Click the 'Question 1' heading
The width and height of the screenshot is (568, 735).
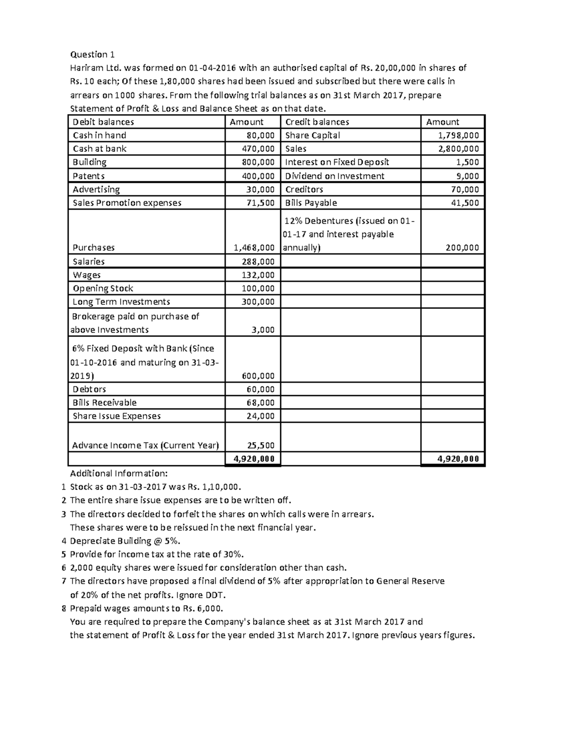point(92,54)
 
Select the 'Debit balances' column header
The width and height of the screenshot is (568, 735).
point(103,122)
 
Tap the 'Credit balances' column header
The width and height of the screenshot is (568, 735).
point(317,122)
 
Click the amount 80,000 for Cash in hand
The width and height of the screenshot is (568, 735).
point(260,135)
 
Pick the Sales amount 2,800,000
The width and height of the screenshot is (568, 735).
point(458,149)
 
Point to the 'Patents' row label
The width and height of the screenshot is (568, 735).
point(89,176)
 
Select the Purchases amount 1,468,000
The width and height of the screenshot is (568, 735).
point(254,248)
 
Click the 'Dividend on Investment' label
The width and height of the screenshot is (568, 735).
point(335,176)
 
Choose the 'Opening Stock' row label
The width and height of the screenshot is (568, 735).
point(103,289)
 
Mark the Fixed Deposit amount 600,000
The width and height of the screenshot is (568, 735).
point(258,376)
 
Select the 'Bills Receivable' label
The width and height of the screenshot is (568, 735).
point(104,403)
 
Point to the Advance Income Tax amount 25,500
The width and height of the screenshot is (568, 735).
point(261,445)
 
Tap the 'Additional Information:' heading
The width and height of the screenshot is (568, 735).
point(119,473)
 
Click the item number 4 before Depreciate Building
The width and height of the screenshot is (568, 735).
point(64,541)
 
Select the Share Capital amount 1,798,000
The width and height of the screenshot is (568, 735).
point(458,135)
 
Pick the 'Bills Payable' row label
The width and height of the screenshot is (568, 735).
point(311,203)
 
